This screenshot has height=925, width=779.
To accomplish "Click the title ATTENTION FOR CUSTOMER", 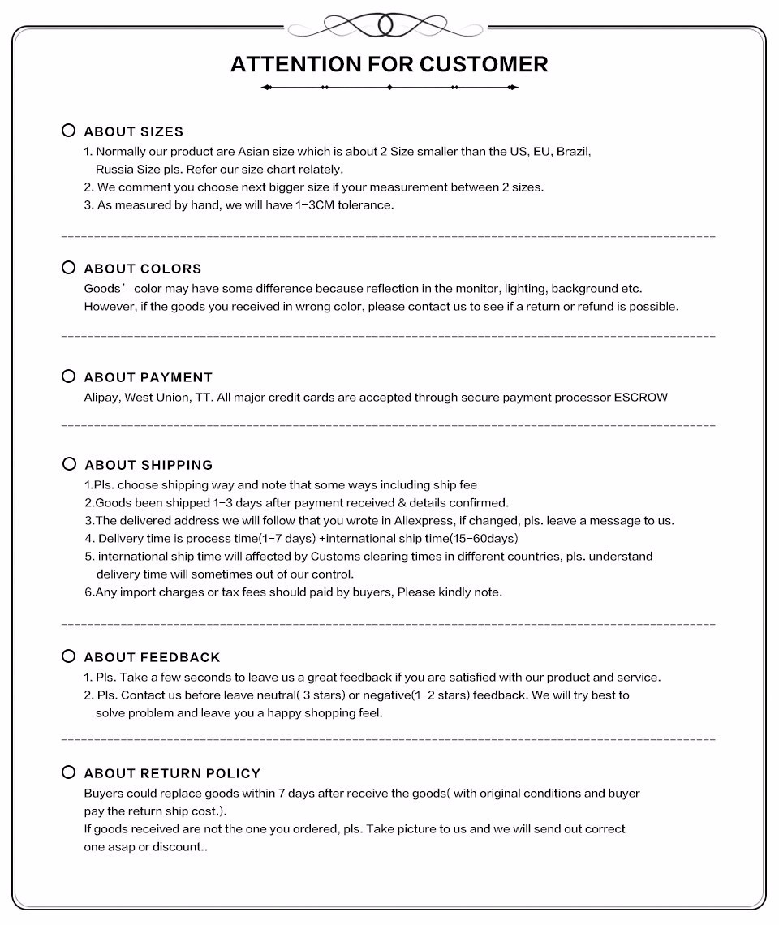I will [389, 64].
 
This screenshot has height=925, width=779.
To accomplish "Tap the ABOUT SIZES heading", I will [134, 131].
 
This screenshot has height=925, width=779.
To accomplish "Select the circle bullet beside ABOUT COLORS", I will [69, 268].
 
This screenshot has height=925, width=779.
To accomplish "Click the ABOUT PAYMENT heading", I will [148, 377].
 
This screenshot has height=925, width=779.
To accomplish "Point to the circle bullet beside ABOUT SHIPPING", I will [70, 464].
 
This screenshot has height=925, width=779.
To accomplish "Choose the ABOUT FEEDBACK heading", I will [153, 657].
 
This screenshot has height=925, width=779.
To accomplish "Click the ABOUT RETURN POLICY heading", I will [173, 773].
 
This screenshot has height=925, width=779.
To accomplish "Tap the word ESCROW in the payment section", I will [641, 398].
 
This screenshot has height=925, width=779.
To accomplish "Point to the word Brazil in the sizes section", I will [573, 152].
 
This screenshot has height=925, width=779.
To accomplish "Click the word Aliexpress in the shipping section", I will [410, 521].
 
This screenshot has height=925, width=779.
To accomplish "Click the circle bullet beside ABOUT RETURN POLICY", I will [69, 772].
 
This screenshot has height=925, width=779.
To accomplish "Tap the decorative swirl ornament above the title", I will [386, 24].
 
